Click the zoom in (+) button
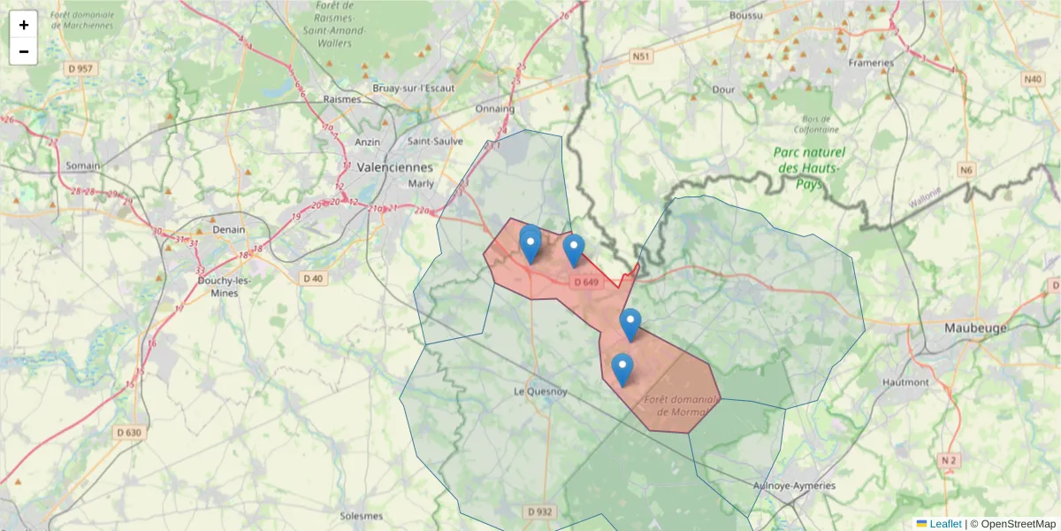(x=24, y=25)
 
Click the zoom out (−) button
(x=24, y=51)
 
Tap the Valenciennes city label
(x=395, y=166)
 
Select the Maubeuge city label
(x=976, y=327)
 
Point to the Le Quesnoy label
(x=540, y=391)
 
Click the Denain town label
(x=229, y=229)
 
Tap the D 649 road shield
(x=586, y=282)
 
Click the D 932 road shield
(x=539, y=512)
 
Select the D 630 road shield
(x=128, y=433)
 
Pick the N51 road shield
(x=641, y=57)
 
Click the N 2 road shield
(x=950, y=460)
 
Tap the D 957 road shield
(x=80, y=68)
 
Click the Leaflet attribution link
(x=944, y=524)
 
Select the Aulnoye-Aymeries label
(x=793, y=485)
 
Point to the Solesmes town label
(x=362, y=515)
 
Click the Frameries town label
(x=871, y=63)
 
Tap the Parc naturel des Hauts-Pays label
(x=809, y=168)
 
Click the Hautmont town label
(x=906, y=382)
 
